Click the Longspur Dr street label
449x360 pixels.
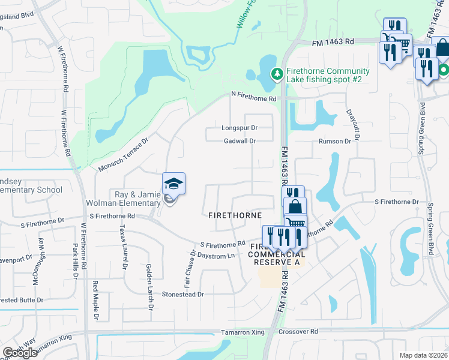[x=239, y=128]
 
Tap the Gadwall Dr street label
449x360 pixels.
[x=240, y=141]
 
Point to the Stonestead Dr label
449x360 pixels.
[x=183, y=295]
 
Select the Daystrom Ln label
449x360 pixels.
[x=216, y=256]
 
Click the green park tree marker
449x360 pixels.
[x=277, y=74]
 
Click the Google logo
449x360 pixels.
[x=20, y=353]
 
